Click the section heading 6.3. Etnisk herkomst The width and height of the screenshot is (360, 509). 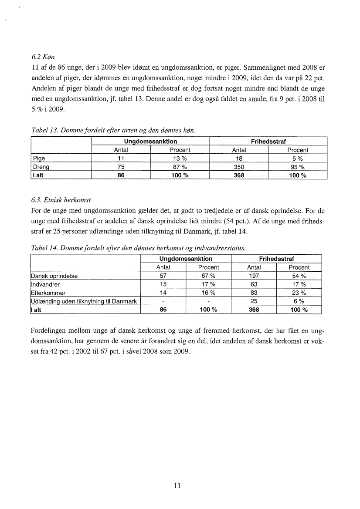[61, 200]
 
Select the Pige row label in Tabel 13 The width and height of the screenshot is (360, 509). [39, 158]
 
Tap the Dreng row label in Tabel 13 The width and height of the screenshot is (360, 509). [41, 167]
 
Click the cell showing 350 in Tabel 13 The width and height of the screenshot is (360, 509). [239, 167]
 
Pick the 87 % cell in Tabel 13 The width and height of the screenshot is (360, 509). [180, 167]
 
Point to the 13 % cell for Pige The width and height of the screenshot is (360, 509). [180, 158]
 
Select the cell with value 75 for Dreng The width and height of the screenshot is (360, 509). [121, 167]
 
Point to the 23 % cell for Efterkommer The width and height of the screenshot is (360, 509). [299, 293]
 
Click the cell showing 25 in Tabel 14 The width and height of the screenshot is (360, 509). [254, 301]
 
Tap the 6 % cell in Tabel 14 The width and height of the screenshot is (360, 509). [299, 301]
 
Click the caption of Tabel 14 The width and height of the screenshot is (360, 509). [138, 248]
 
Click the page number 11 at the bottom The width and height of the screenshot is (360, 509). [177, 486]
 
